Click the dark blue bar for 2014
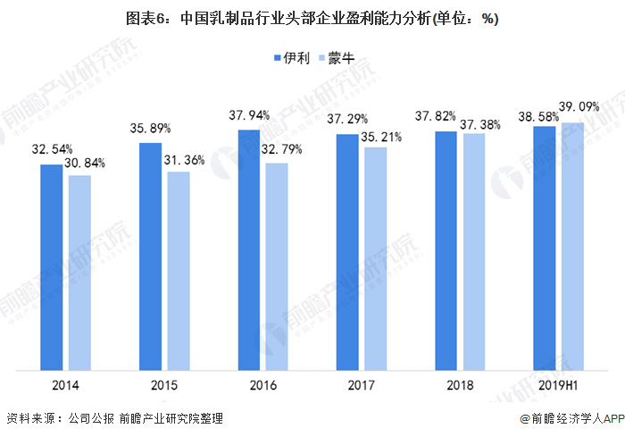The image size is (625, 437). pyautogui.click(x=52, y=266)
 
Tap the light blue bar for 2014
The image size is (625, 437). pyautogui.click(x=79, y=272)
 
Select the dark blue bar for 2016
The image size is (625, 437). pyautogui.click(x=248, y=249)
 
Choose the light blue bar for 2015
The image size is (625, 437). pyautogui.click(x=179, y=270)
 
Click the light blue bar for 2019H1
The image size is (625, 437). pyautogui.click(x=571, y=246)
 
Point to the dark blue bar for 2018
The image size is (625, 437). pyautogui.click(x=446, y=250)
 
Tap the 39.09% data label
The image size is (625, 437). pyautogui.click(x=579, y=106)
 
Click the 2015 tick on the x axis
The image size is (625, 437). pyautogui.click(x=164, y=386)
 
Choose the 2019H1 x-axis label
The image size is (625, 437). pyautogui.click(x=558, y=386)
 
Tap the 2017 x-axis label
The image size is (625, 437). pyautogui.click(x=362, y=386)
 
